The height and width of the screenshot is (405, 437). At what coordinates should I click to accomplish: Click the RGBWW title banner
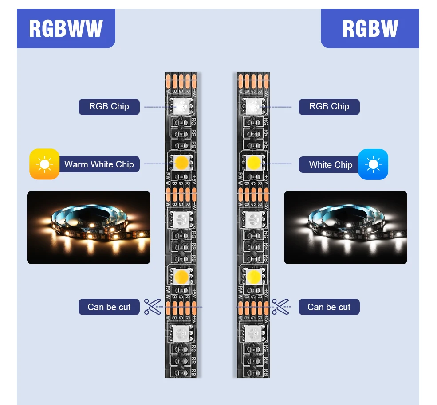click(66, 29)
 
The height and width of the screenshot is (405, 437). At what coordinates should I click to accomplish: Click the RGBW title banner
click(370, 29)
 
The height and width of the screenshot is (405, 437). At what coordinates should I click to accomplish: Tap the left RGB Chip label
click(109, 107)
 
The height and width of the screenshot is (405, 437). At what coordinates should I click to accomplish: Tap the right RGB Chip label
click(329, 107)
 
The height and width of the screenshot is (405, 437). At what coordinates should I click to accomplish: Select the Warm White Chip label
click(99, 164)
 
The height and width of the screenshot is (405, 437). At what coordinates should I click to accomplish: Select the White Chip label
click(331, 165)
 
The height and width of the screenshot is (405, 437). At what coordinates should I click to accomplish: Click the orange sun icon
click(44, 164)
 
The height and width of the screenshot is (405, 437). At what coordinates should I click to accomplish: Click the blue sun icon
click(373, 164)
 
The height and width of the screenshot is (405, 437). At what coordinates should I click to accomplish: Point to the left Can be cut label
click(109, 307)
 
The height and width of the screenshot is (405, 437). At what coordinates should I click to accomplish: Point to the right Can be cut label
click(329, 307)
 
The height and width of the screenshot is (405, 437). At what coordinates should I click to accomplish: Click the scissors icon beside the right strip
click(280, 306)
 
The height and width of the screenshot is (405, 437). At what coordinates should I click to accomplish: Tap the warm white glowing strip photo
click(89, 227)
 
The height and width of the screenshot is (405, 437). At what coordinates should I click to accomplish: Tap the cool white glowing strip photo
click(345, 227)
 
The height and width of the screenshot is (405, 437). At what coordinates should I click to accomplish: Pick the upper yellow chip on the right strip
click(253, 163)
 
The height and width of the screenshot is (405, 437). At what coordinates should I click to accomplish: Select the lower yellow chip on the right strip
click(253, 277)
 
